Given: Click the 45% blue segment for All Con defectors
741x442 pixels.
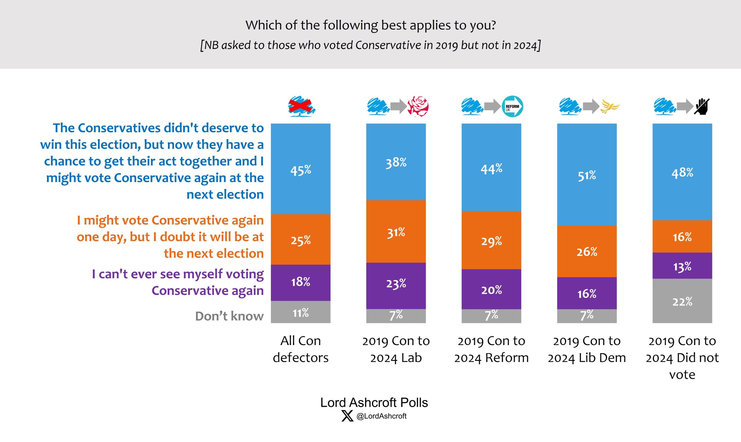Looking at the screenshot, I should (300, 169).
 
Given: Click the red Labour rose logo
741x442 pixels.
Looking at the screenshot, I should (418, 106).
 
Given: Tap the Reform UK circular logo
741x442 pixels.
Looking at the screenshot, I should (512, 106).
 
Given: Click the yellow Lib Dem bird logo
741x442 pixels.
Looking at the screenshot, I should (610, 106).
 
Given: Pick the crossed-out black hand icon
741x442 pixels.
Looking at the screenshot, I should (702, 106).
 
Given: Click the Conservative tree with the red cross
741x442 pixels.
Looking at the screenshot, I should (301, 106).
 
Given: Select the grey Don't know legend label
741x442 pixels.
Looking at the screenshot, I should (229, 316).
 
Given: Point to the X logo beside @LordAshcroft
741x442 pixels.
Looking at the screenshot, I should (347, 416).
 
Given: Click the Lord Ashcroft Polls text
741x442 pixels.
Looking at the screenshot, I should (374, 402).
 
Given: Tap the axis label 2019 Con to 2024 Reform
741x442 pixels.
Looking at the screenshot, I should (491, 349).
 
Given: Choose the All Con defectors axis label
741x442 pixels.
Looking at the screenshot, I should (300, 349).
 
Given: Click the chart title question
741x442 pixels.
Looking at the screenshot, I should (370, 25).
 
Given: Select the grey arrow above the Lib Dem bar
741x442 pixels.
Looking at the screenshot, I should (591, 106).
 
